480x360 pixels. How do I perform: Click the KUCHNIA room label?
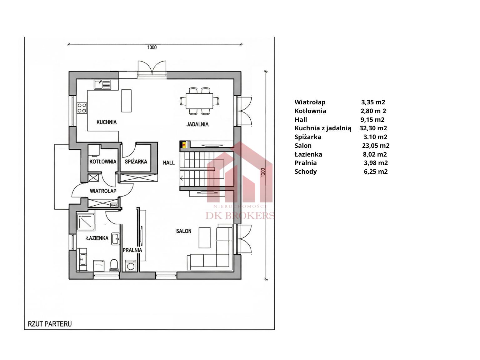107,122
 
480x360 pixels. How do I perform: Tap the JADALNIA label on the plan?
197,124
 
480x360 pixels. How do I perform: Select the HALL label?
169,162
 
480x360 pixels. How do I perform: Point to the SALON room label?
184,231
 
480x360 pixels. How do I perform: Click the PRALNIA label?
132,250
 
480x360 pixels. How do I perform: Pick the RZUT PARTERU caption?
50,324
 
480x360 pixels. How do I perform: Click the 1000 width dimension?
152,47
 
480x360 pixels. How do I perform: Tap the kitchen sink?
102,85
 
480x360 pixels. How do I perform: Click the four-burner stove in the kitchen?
82,108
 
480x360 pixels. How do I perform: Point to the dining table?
199,101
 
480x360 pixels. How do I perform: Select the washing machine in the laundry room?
131,266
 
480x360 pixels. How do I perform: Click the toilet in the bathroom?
114,266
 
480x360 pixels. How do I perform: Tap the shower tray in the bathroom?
86,222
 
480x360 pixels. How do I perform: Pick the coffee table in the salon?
205,237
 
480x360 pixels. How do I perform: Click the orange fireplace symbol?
184,144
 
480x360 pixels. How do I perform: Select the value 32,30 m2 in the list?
373,128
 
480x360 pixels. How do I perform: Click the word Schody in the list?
306,172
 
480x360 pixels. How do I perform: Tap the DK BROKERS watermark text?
240,216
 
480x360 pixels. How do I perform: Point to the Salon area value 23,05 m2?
376,146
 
